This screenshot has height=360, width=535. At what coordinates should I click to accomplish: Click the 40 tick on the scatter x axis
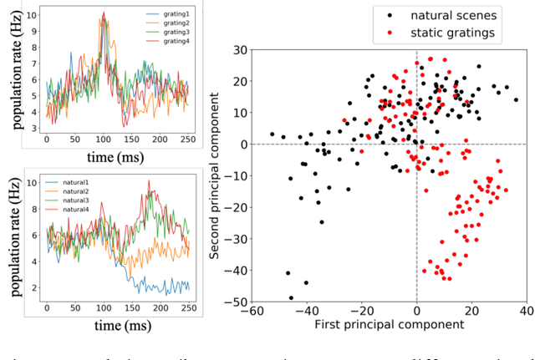(527, 310)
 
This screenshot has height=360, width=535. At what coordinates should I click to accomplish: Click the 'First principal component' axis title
(389, 323)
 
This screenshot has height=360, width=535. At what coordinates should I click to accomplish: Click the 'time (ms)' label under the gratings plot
(126, 155)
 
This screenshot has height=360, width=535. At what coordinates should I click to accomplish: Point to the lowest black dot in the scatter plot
(291, 297)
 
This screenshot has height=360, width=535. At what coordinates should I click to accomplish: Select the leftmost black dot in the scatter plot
(272, 134)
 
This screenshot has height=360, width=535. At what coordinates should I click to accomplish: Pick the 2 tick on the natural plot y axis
(32, 286)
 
